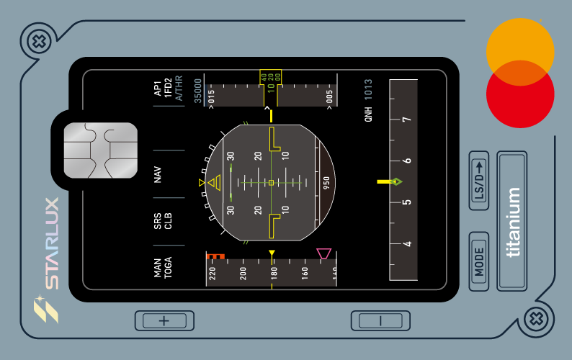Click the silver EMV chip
(101, 150)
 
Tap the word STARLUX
(52, 243)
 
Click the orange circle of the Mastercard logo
(520, 52)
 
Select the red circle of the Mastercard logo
(520, 94)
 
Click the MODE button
(479, 261)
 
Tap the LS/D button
(479, 181)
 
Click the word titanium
(512, 222)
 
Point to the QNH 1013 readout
(368, 100)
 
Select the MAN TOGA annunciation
(162, 268)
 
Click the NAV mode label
(157, 174)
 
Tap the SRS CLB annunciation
(162, 221)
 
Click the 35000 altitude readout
(197, 91)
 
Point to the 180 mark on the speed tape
(274, 273)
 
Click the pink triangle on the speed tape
(323, 253)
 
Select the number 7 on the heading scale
(407, 120)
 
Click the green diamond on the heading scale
(396, 181)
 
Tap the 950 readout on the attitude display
(326, 183)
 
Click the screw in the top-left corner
(39, 41)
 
